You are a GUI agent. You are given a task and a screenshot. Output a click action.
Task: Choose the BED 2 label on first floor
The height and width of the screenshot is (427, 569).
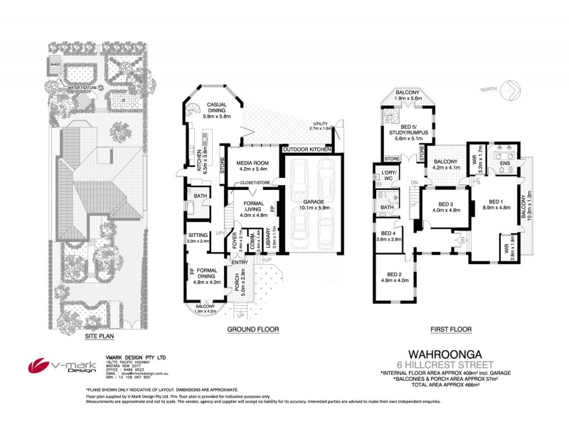394,277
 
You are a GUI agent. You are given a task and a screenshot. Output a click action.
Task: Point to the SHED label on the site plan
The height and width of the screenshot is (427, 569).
55,63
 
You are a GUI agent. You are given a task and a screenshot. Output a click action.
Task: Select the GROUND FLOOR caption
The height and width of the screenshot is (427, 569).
252,329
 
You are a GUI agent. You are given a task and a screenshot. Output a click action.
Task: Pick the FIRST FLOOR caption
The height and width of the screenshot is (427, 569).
450,329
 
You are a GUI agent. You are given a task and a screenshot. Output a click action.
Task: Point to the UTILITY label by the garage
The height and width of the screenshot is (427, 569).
320,126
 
